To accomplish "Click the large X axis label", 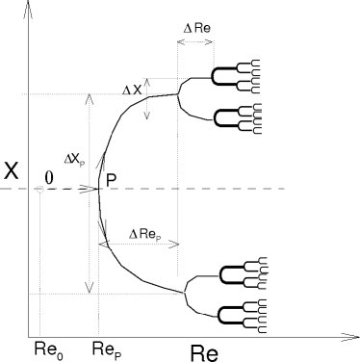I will coord(12,170).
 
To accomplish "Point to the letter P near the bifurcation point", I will coord(113,178).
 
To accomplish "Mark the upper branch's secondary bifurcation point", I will coord(179,93).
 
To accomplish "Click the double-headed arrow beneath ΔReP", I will coord(139,245).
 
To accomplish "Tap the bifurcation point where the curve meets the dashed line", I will coord(100,189).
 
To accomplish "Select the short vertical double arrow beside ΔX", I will coord(147,108).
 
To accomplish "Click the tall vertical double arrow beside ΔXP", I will coord(90,193).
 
